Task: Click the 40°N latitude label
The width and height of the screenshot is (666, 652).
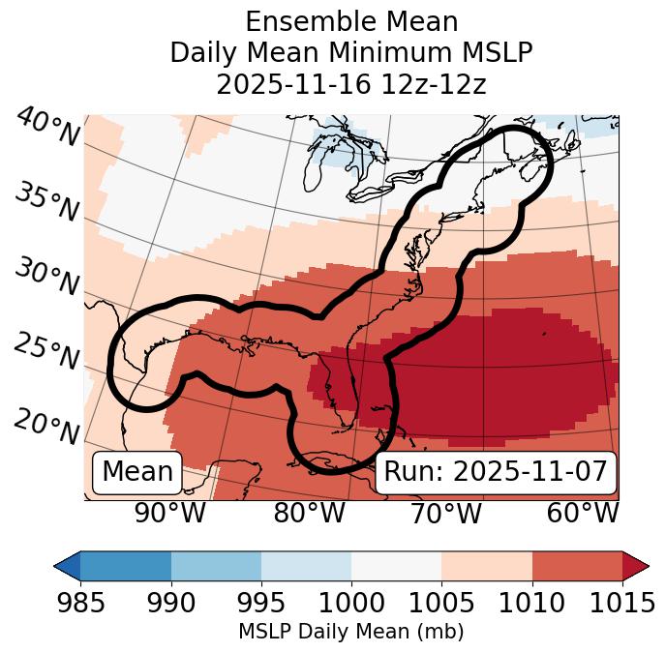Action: tap(47, 128)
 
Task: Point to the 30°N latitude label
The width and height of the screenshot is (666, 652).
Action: tap(46, 278)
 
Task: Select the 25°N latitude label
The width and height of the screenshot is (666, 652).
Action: tap(46, 351)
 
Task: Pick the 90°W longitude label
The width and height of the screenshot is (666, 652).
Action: tap(169, 513)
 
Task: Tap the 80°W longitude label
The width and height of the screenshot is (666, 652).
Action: tap(309, 513)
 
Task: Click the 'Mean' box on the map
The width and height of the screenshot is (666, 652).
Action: tap(137, 472)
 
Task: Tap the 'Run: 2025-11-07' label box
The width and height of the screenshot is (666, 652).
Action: tap(496, 472)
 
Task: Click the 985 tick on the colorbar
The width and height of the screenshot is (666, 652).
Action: tap(80, 603)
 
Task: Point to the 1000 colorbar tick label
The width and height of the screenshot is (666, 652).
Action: tap(350, 603)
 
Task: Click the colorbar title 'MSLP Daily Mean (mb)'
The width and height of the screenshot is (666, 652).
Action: tap(350, 632)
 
